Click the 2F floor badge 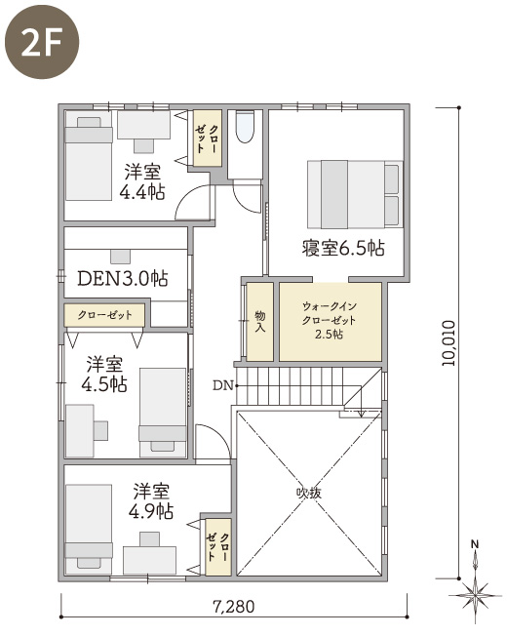coord(42,42)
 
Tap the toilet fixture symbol coord(245,126)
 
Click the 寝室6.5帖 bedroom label coord(343,248)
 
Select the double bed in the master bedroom coord(355,194)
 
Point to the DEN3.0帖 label coord(122,278)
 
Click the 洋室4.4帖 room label coord(142,181)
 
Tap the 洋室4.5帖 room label coord(104,374)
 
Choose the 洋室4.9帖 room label coord(151,501)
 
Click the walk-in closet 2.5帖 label coord(330,320)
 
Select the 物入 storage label coord(260,322)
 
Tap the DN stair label coord(223,385)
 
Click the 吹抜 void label coord(309,493)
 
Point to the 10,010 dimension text coord(448,343)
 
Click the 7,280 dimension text coord(234,607)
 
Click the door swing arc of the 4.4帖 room coord(191,200)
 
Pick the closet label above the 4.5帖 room coord(104,315)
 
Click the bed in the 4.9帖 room coord(89,529)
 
